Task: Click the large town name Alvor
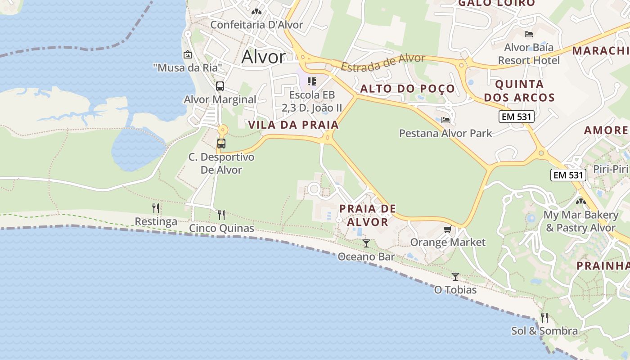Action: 263,57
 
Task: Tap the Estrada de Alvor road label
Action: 383,62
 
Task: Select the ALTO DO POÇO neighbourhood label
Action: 407,89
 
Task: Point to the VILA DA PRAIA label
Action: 293,125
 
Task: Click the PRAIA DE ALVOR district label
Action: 368,215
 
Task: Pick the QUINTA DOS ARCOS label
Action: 525,91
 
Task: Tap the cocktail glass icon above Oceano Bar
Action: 366,243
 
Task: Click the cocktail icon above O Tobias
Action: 455,276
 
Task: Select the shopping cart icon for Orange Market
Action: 447,230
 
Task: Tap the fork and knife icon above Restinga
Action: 156,208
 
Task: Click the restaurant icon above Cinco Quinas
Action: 221,215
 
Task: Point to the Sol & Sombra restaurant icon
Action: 544,318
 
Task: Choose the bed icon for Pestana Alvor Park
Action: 445,120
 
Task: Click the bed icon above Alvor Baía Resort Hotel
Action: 529,34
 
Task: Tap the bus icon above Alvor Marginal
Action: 220,86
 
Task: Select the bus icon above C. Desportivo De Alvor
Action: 221,144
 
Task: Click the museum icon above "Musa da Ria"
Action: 187,55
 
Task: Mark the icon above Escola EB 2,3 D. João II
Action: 311,81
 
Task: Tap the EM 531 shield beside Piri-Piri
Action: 568,175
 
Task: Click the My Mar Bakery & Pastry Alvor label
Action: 580,221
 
